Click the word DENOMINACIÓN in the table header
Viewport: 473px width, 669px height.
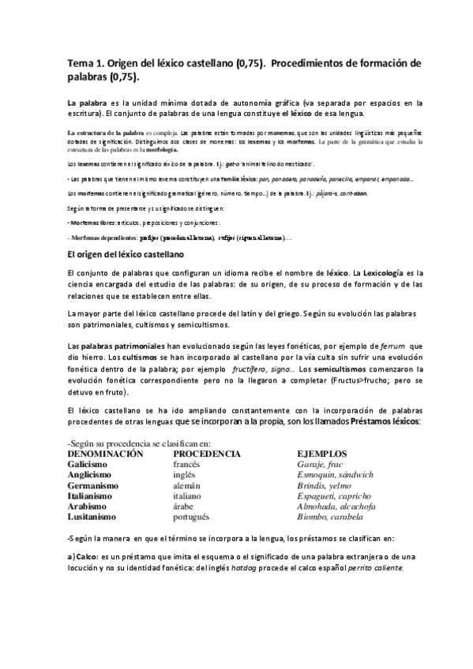tap(105, 455)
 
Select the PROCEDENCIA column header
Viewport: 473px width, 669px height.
tap(207, 455)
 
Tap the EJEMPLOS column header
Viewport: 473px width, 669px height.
tap(321, 455)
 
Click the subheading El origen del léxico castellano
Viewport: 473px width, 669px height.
tap(126, 255)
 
